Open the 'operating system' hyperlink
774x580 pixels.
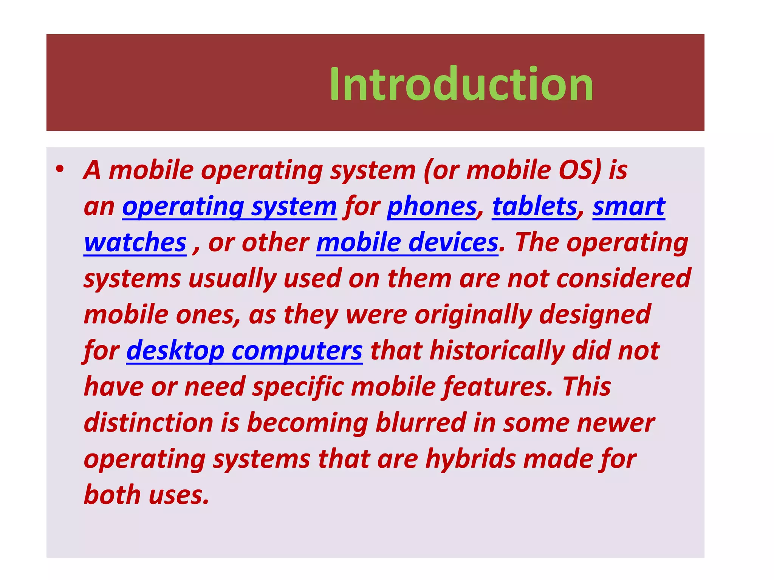click(x=229, y=207)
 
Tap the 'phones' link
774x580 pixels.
click(x=432, y=207)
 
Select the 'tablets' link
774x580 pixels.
click(x=534, y=207)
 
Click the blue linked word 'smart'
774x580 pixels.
click(x=628, y=207)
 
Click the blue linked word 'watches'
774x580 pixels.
click(x=135, y=242)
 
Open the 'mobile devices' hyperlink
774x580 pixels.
click(x=407, y=242)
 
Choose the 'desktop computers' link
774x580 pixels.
click(x=244, y=351)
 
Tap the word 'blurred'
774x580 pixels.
click(x=421, y=423)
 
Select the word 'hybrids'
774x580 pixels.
click(x=471, y=459)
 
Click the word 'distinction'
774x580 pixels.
click(x=149, y=423)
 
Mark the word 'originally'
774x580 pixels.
click(x=473, y=315)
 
